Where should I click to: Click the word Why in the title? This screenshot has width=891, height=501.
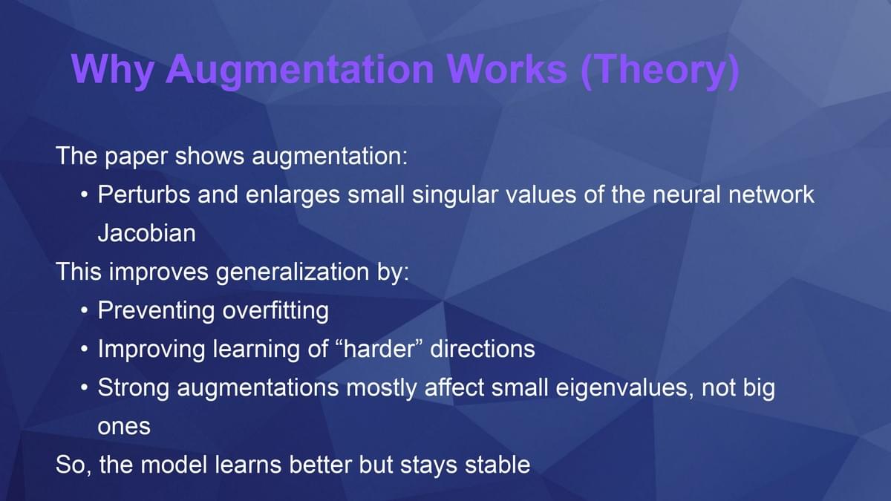113,71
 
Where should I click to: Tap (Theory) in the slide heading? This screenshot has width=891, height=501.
660,71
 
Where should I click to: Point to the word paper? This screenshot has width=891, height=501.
136,157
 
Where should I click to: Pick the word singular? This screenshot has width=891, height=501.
455,196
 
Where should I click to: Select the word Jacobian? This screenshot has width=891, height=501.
147,233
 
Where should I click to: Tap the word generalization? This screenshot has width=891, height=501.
293,273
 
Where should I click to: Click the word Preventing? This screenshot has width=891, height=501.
156,311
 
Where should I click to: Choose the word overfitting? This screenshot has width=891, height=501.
275,311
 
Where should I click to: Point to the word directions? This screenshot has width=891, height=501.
483,349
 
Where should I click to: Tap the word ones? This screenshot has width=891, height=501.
124,428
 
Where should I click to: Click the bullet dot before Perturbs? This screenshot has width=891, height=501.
84,194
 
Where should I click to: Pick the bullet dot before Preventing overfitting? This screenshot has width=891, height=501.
84,310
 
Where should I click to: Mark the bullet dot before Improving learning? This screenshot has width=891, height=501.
84,349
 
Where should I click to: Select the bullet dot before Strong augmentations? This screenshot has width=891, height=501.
84,387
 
